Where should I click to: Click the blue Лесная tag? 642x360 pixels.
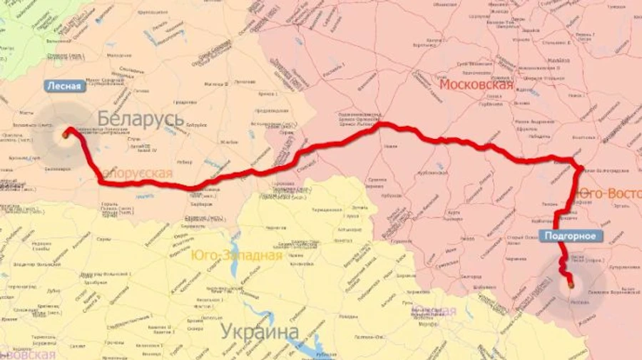[x=65, y=86]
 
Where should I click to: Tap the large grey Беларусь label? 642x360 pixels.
[x=141, y=118]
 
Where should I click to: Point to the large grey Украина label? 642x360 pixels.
[x=259, y=331]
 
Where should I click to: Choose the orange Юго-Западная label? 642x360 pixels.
[x=236, y=255]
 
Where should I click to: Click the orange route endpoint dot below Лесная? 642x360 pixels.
[x=66, y=133]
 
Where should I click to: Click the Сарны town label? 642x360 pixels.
[x=104, y=240]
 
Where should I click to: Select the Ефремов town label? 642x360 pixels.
[x=527, y=129]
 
